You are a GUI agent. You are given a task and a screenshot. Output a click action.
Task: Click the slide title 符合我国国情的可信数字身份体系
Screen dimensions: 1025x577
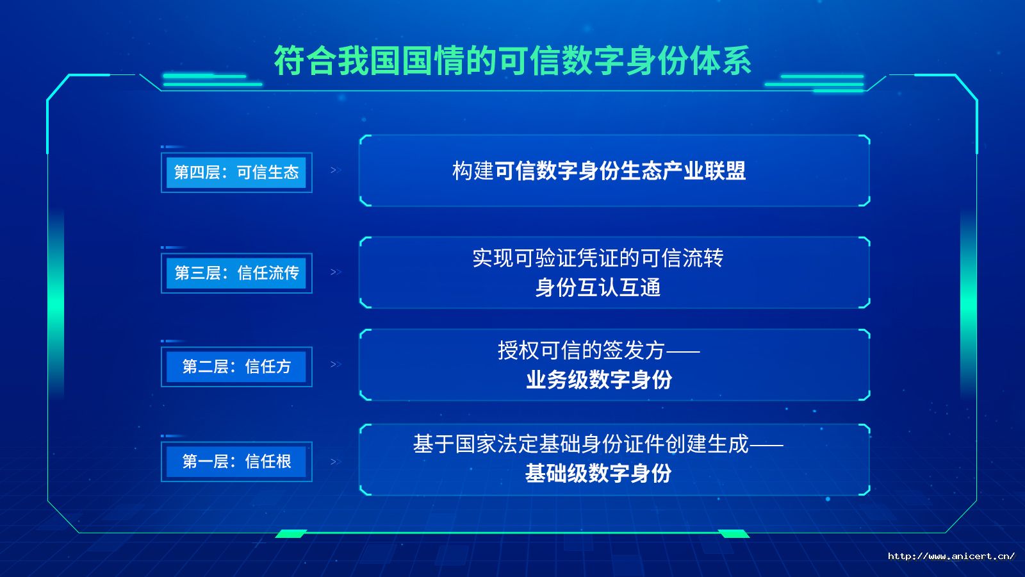[512, 60]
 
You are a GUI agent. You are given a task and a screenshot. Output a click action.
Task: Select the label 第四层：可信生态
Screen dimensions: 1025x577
[236, 172]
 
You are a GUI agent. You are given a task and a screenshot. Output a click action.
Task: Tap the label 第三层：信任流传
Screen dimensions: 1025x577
[236, 273]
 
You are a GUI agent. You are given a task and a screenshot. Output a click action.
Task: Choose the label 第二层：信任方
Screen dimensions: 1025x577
[236, 366]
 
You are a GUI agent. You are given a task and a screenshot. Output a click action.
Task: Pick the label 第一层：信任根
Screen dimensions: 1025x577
[236, 461]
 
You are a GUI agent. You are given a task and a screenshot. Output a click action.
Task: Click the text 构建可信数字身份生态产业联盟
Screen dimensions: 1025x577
[599, 171]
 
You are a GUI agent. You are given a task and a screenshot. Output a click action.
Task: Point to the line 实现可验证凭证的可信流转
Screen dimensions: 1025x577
[598, 258]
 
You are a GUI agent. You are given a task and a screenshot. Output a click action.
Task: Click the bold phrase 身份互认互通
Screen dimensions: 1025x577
[598, 288]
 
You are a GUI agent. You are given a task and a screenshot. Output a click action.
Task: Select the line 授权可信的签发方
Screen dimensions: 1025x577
[581, 350]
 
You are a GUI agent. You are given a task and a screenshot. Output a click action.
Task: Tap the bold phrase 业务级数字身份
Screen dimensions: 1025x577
[599, 380]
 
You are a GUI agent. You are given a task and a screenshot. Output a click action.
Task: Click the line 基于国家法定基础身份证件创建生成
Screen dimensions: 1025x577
[580, 444]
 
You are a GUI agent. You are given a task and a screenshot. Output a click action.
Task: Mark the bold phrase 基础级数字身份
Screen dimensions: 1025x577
[598, 473]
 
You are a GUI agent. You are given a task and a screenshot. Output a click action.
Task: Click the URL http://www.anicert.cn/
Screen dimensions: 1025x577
[951, 556]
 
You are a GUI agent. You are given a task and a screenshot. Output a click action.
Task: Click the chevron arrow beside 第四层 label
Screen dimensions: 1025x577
[336, 171]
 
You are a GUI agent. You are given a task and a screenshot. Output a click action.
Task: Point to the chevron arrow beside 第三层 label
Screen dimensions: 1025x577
[336, 272]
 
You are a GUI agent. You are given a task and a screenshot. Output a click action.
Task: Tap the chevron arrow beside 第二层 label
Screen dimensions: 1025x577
[336, 365]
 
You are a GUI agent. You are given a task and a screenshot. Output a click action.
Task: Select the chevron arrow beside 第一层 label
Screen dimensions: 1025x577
[336, 462]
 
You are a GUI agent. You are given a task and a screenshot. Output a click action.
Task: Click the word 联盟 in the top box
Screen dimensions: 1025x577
[725, 171]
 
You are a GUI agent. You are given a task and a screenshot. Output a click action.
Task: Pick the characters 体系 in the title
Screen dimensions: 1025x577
[720, 60]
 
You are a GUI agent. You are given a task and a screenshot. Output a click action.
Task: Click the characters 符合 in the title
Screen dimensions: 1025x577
[305, 60]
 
